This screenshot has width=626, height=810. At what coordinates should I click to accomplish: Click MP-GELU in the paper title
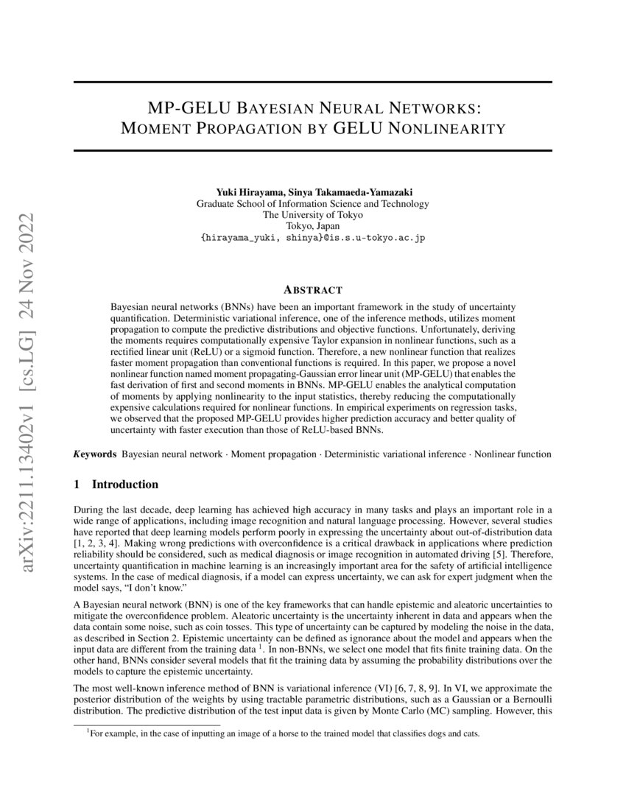click(189, 108)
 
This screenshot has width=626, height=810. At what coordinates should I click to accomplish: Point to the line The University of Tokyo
click(312, 215)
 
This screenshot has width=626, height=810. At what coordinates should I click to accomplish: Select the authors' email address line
click(312, 239)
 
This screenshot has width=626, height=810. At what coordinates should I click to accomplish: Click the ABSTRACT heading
click(312, 290)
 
